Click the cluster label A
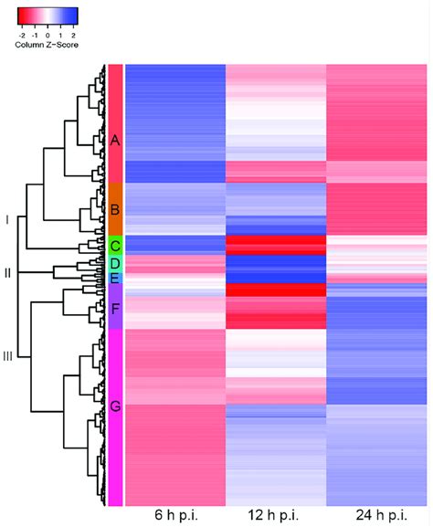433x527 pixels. (x=115, y=141)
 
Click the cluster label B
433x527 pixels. (x=115, y=209)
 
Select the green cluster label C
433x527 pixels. (x=115, y=246)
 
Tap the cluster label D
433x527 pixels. (x=115, y=263)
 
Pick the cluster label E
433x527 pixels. (x=115, y=278)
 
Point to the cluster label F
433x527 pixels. (x=115, y=309)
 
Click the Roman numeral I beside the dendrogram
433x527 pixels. (x=7, y=220)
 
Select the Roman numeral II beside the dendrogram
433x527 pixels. (x=8, y=272)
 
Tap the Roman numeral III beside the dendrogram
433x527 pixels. (x=8, y=356)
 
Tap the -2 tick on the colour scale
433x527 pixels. (x=22, y=33)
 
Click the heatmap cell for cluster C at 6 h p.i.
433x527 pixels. (x=174, y=245)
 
